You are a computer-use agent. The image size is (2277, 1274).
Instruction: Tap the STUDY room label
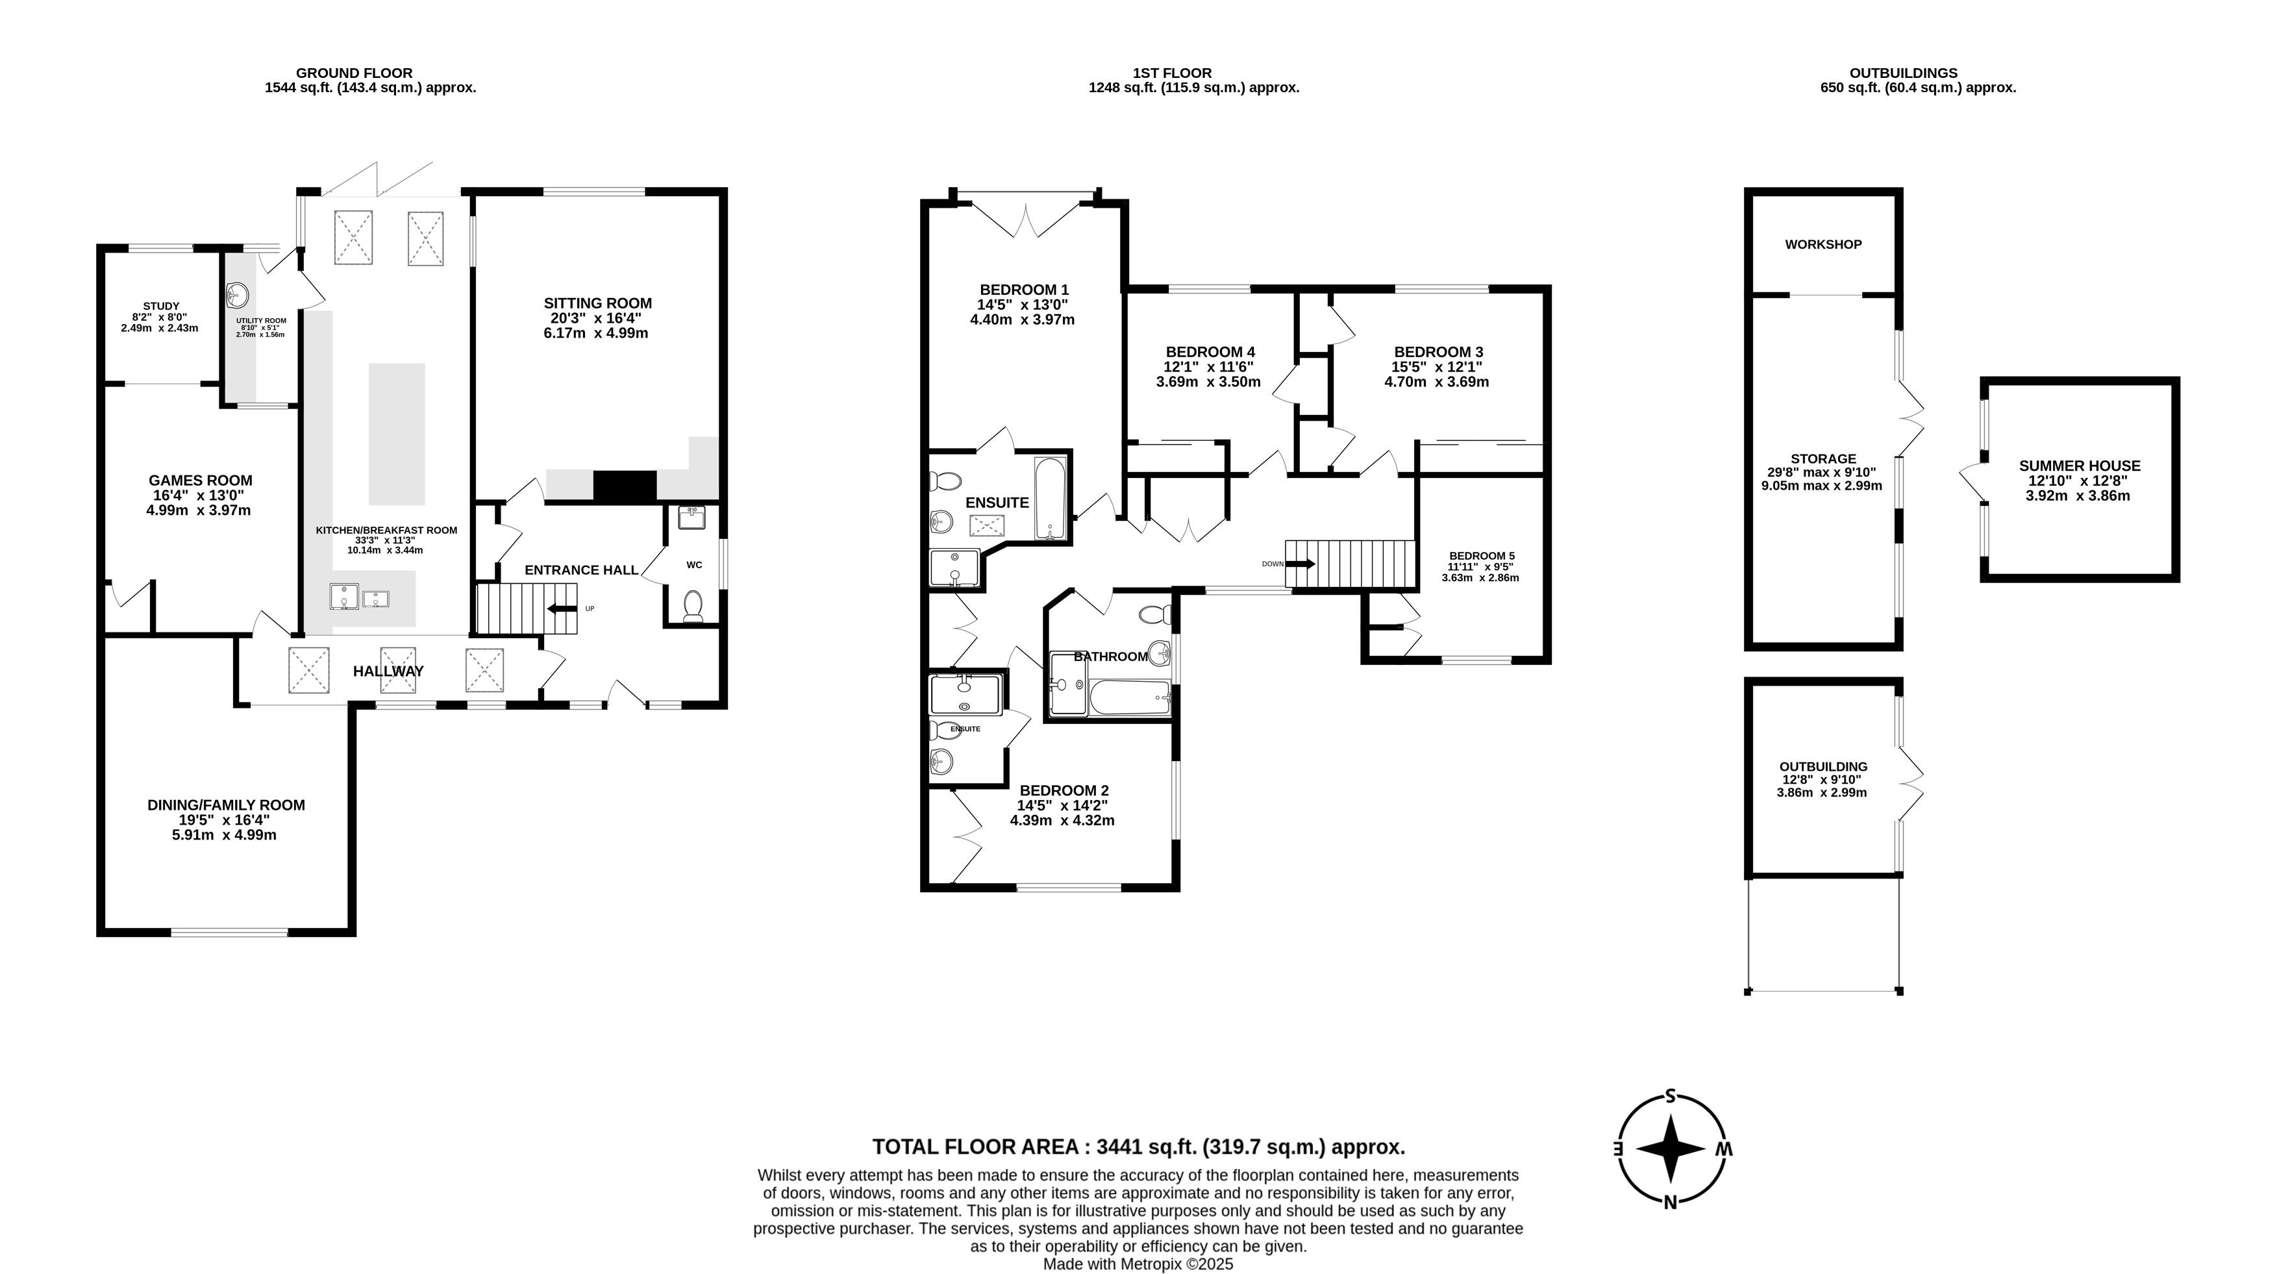[x=161, y=306]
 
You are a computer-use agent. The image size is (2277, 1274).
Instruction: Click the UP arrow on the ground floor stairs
[x=562, y=608]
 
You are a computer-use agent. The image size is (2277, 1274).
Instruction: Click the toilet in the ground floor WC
[x=693, y=606]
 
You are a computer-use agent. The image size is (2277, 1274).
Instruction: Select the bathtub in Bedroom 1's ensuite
[x=1051, y=498]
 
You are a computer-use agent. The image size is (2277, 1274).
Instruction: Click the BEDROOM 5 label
[x=1482, y=556]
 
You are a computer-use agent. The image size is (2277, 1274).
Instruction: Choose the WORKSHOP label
[x=1823, y=245]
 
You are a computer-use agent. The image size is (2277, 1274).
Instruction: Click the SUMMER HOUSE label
[x=2079, y=466]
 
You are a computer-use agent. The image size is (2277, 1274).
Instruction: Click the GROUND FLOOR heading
[x=354, y=73]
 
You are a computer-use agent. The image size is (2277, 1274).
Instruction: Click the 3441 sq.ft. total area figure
[x=1147, y=1147]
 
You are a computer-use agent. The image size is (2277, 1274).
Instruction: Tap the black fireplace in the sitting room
[x=625, y=487]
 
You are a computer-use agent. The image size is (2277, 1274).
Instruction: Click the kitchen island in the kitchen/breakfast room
[x=397, y=433]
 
